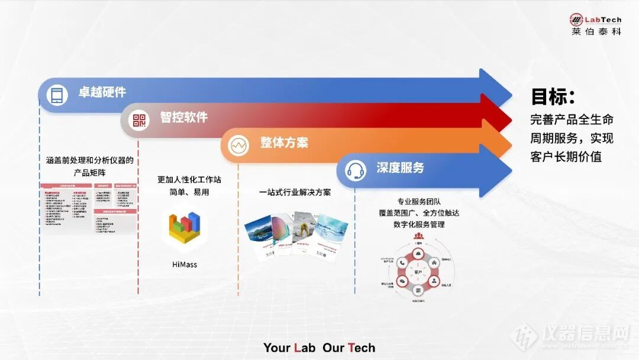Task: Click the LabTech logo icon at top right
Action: [x=576, y=20]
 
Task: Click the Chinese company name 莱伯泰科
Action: [x=596, y=31]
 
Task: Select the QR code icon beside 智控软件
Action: [x=139, y=121]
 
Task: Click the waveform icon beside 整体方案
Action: [x=238, y=145]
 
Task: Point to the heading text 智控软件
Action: [x=183, y=117]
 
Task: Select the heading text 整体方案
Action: [x=284, y=143]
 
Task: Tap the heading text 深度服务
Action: [x=401, y=168]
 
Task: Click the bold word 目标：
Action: [x=553, y=97]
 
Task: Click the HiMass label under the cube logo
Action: [x=185, y=265]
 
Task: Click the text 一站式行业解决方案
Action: [x=295, y=192]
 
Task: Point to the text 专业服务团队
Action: [x=418, y=201]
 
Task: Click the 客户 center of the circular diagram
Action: [x=418, y=272]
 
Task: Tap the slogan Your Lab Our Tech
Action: [x=319, y=348]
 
